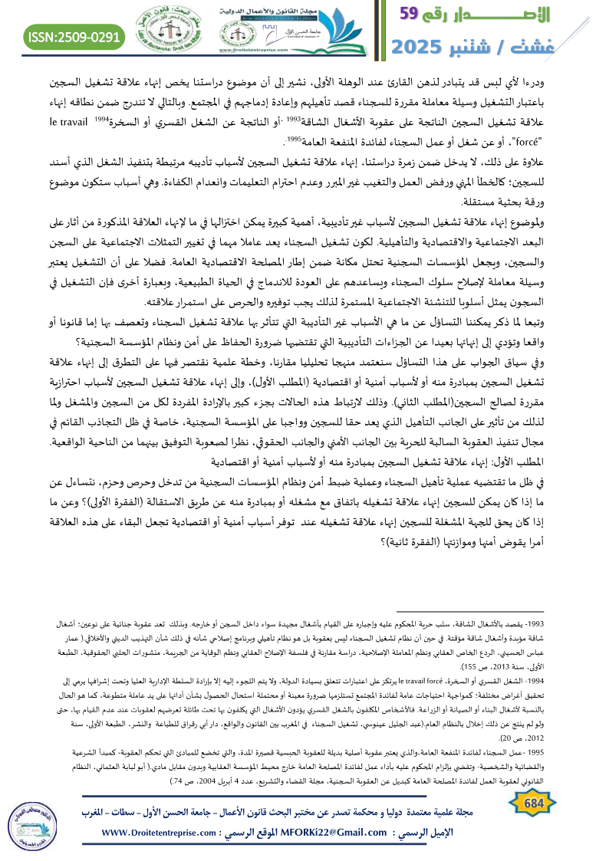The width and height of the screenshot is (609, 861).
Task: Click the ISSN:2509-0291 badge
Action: tap(74, 36)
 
